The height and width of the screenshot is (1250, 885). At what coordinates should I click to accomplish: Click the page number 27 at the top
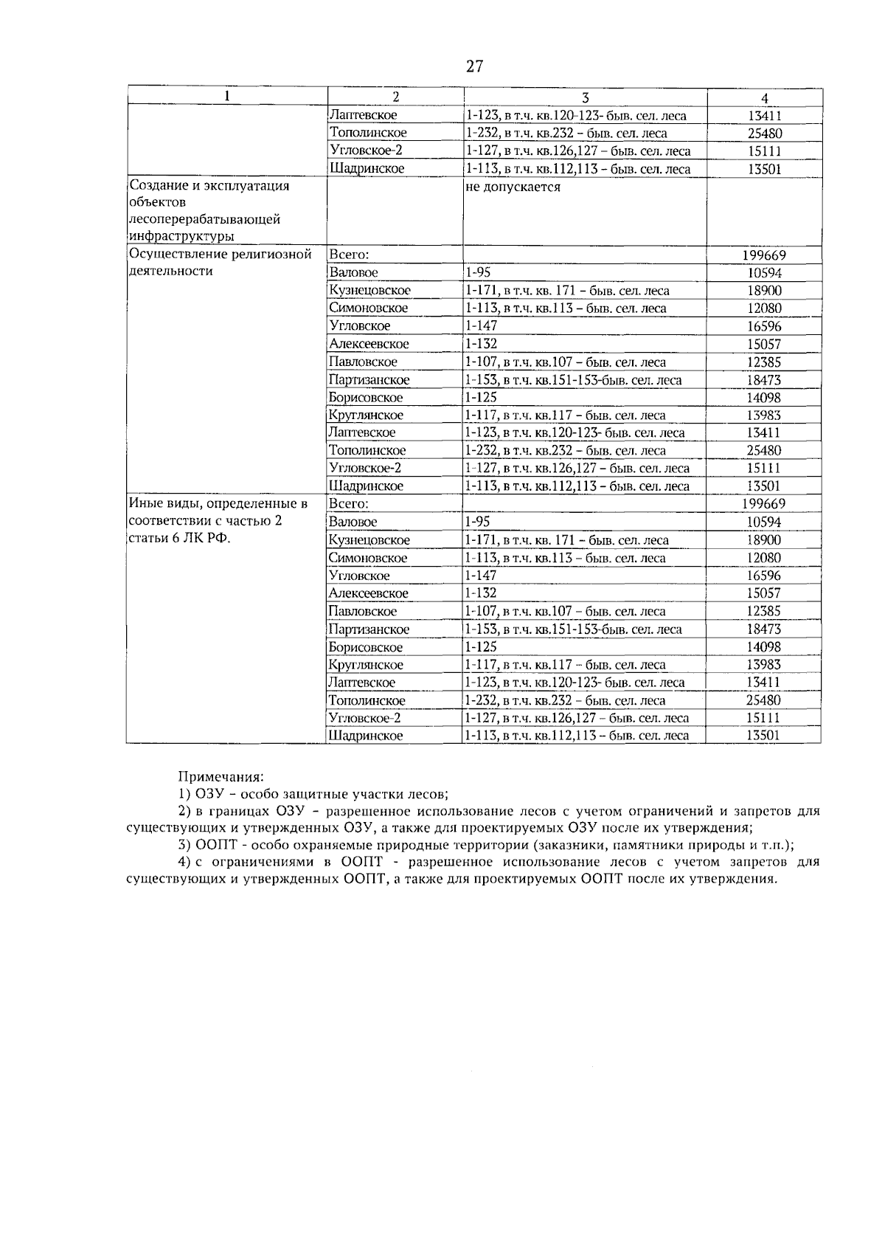tap(474, 66)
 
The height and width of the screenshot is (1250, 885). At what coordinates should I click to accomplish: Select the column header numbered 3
tap(585, 97)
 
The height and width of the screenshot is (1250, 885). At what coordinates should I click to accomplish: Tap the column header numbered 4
tap(765, 98)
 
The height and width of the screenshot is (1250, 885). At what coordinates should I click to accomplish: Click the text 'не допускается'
tap(513, 187)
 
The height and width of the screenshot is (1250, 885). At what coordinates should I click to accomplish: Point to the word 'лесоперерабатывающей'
tap(204, 220)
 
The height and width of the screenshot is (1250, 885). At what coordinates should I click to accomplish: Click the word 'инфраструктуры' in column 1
tap(181, 237)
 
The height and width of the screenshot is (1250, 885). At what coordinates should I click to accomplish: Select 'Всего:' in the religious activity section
tap(349, 255)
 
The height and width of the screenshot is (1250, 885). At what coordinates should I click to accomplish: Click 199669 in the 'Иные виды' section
tap(763, 504)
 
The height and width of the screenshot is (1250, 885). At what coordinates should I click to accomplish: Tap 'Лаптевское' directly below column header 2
tap(363, 116)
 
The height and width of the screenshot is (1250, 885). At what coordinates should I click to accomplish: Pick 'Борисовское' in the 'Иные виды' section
tap(366, 647)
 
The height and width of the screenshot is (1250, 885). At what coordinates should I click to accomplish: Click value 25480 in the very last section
tap(763, 700)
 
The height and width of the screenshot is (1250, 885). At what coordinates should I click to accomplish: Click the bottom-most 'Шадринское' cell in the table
tap(366, 736)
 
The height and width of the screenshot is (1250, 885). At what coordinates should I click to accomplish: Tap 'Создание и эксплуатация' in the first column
tap(209, 186)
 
